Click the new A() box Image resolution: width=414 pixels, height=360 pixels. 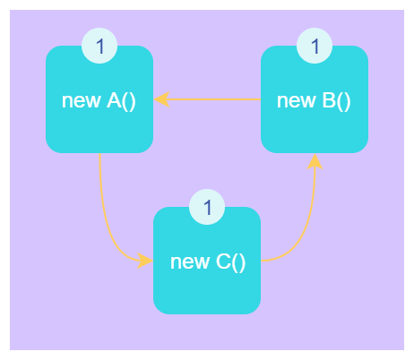tap(99, 99)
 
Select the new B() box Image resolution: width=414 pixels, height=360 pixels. tap(315, 99)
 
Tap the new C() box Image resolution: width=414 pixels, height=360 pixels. tap(207, 261)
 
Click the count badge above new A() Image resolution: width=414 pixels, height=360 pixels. tap(99, 46)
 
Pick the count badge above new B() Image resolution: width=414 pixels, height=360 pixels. tap(315, 46)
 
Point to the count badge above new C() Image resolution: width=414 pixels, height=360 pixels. tap(207, 207)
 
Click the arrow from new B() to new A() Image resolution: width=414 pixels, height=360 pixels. tap(207, 99)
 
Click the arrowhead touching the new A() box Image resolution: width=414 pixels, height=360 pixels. tap(161, 99)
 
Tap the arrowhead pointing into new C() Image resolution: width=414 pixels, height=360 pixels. tap(145, 261)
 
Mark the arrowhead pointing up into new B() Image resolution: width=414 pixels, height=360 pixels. tap(315, 161)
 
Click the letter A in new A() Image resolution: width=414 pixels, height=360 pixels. tap(114, 100)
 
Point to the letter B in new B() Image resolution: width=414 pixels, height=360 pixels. tap(329, 100)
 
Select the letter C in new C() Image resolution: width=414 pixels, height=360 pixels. tap(223, 261)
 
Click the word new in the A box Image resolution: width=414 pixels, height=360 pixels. tap(81, 102)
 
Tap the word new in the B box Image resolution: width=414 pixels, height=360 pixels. tap(296, 102)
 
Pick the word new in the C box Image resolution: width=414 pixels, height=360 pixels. tap(189, 263)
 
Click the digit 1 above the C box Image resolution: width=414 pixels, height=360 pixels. tap(208, 207)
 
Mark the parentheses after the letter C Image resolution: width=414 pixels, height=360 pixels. tap(238, 263)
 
